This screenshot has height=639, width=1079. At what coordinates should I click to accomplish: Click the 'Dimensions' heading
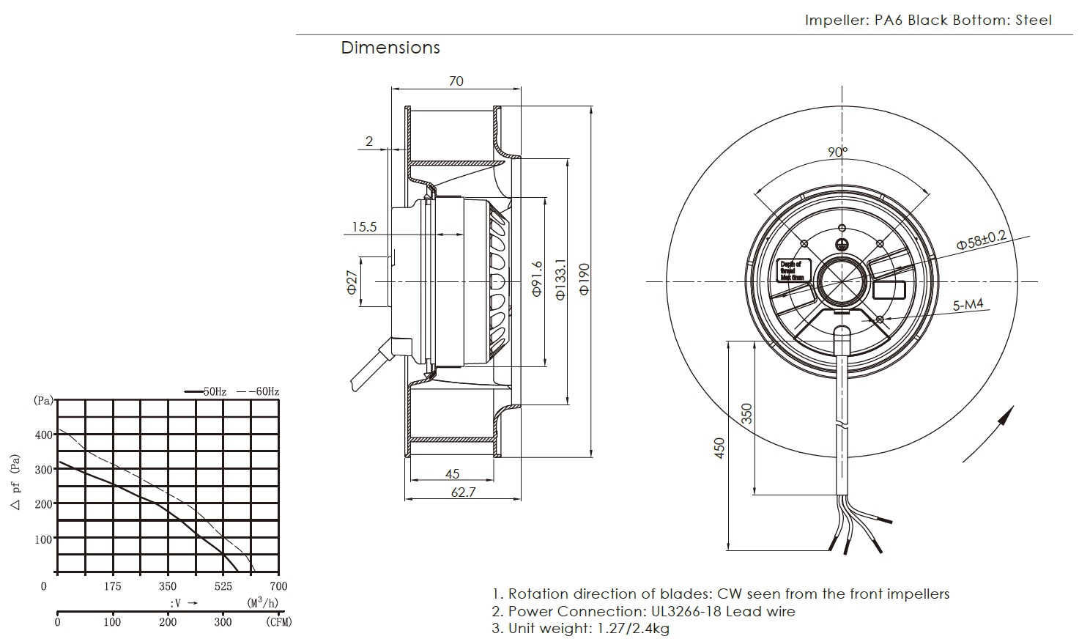(x=390, y=48)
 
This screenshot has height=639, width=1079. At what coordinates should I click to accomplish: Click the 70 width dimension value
(x=456, y=81)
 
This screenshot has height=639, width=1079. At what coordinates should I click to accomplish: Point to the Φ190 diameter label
(x=584, y=279)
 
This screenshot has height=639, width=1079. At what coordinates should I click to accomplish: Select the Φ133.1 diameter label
(x=560, y=279)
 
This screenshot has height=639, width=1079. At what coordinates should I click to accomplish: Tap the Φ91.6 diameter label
(x=536, y=279)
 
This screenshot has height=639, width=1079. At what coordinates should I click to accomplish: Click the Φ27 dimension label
(x=352, y=281)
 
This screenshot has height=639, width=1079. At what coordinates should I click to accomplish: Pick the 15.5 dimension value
(x=363, y=227)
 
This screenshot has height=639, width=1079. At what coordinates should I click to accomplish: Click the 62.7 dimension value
(x=463, y=492)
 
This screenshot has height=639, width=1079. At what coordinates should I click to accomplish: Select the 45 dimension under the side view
(x=452, y=474)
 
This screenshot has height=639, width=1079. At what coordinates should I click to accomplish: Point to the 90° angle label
(x=838, y=152)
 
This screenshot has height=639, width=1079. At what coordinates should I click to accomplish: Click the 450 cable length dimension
(x=719, y=448)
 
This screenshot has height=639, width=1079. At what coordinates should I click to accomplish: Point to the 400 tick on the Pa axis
(x=43, y=435)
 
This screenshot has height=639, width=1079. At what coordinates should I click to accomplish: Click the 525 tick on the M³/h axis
(x=223, y=586)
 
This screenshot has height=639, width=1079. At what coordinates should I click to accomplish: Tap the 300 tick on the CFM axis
(x=223, y=623)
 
